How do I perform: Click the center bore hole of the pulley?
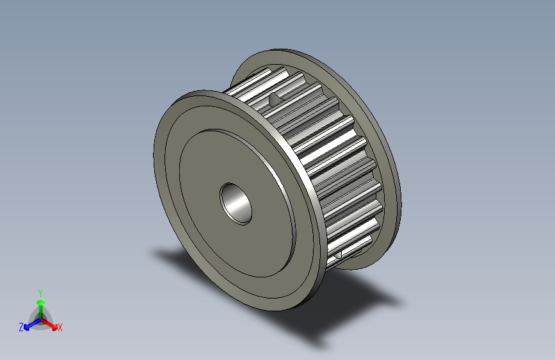coord(236,203)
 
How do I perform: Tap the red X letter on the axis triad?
coord(60,328)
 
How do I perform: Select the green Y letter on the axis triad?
coord(40,291)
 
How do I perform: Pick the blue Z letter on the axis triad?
coord(21,327)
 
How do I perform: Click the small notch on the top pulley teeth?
coord(273,99)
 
